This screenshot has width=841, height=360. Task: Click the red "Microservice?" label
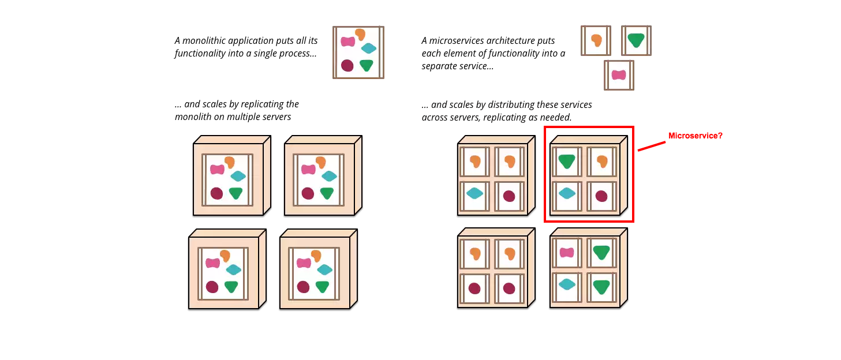point(695,136)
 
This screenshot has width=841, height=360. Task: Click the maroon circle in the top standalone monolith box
point(347,65)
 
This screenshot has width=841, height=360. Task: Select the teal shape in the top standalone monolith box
point(368,49)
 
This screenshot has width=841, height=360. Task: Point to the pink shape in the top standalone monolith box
point(347,42)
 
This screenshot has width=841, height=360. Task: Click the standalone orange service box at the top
point(596,40)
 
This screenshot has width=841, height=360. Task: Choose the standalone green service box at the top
point(636,40)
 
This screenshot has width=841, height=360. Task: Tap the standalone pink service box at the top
point(619,75)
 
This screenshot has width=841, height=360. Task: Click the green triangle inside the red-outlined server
point(566,162)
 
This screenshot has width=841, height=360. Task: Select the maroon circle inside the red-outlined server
point(601,196)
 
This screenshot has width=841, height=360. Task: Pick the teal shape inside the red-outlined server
point(567,194)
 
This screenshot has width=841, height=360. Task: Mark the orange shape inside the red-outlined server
point(602,162)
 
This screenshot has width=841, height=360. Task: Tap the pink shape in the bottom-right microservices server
point(567,253)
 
